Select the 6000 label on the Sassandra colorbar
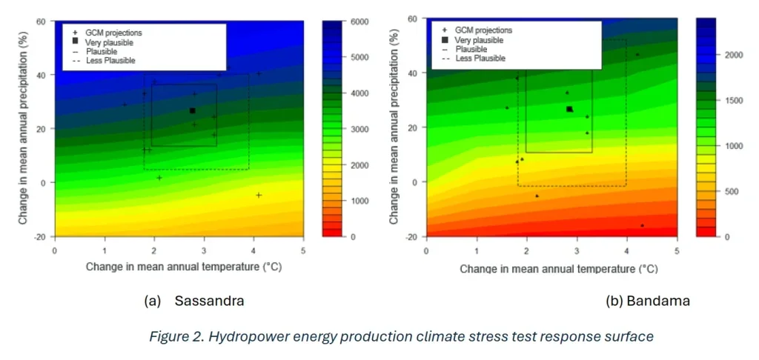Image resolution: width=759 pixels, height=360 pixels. pyautogui.click(x=358, y=22)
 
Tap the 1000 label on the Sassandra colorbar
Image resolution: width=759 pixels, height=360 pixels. pyautogui.click(x=358, y=201)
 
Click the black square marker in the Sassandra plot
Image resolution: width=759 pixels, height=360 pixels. pyautogui.click(x=193, y=111)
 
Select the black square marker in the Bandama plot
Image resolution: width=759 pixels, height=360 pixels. pyautogui.click(x=569, y=109)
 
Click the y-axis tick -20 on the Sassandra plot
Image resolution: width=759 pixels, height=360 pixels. pyautogui.click(x=41, y=236)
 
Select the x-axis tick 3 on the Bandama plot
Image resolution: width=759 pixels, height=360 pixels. pyautogui.click(x=577, y=251)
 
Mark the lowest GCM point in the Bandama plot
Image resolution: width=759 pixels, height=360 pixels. pyautogui.click(x=642, y=225)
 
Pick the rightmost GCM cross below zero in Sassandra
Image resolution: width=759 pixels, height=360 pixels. pyautogui.click(x=259, y=195)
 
